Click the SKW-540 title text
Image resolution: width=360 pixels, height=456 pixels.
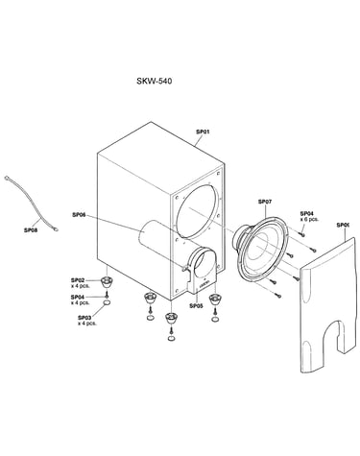(x=154, y=81)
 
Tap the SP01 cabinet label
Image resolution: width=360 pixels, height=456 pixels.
(x=203, y=132)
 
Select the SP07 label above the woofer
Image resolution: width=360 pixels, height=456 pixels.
(x=265, y=202)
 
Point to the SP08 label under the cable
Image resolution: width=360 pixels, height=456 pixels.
(x=31, y=229)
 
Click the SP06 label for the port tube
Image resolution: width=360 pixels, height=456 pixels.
(x=79, y=215)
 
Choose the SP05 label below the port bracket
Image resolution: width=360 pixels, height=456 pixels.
(x=196, y=306)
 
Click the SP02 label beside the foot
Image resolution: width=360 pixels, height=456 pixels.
(x=78, y=280)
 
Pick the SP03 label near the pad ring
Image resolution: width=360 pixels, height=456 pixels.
(x=84, y=318)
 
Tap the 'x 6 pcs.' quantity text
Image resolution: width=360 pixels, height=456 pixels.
(x=309, y=219)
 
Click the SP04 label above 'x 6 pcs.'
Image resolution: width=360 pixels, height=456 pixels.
(x=307, y=213)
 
